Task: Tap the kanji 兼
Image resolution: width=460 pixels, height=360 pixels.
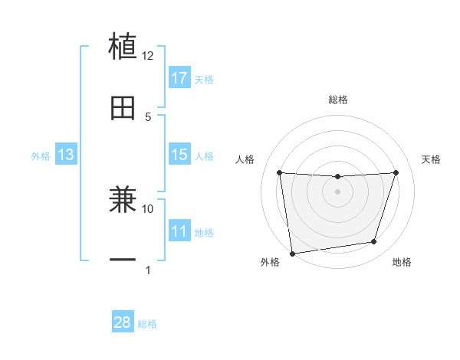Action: click(x=123, y=200)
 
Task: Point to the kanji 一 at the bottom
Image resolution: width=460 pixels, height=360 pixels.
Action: click(x=123, y=260)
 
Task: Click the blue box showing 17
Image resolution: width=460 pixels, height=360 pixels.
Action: click(x=179, y=78)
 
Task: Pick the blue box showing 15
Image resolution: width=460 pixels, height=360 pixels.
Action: click(x=179, y=155)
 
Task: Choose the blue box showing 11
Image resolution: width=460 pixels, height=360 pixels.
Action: click(x=179, y=231)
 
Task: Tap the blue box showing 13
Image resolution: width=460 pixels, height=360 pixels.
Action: click(x=65, y=155)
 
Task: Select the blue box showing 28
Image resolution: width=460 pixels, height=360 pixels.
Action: click(x=123, y=322)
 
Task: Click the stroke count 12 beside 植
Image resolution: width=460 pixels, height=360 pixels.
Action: click(x=148, y=56)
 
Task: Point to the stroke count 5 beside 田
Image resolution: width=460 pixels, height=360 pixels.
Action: click(x=148, y=116)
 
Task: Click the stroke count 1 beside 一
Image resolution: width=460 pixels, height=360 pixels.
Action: click(x=148, y=270)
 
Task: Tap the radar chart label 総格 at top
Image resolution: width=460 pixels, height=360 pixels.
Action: click(x=338, y=100)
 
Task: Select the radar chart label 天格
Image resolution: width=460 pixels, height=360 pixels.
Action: click(x=431, y=159)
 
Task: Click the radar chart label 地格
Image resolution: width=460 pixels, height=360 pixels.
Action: click(x=402, y=262)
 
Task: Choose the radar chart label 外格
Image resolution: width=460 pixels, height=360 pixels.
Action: click(x=270, y=262)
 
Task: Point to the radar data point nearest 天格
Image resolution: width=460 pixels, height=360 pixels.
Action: click(x=396, y=172)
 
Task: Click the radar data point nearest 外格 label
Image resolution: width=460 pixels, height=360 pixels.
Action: click(x=292, y=253)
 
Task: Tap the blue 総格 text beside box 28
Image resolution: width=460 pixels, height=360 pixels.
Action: click(x=147, y=323)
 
